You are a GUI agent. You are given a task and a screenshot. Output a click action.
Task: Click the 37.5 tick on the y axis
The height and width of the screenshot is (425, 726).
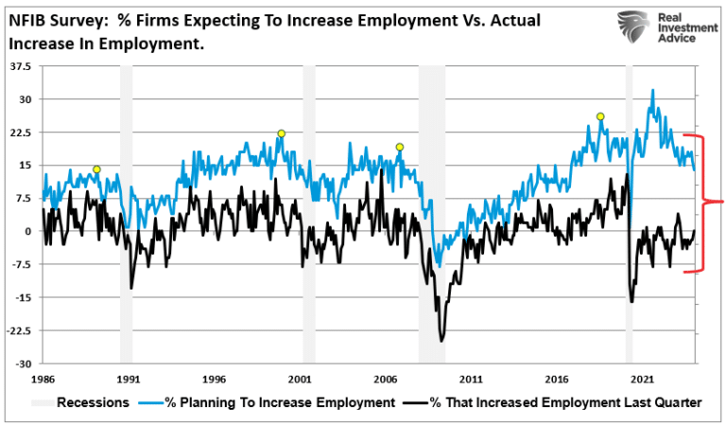coord(20,66)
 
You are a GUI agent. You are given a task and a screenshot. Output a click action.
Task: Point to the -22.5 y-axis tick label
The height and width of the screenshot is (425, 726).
coord(18,330)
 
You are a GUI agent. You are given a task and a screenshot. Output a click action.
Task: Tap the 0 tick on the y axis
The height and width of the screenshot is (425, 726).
coord(27,231)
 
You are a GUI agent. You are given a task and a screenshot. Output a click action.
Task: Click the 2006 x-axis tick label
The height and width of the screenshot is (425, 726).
coord(386,376)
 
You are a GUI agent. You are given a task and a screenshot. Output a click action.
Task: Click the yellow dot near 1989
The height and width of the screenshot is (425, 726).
coord(96,169)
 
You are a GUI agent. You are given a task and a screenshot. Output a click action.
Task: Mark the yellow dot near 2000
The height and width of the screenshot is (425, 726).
coord(281,133)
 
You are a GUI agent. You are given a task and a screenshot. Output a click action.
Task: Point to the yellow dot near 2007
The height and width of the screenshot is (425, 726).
coord(400,147)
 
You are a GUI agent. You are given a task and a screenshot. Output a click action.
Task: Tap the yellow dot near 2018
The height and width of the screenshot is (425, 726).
coord(600,116)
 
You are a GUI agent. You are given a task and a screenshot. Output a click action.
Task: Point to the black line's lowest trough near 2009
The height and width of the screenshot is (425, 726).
coord(441,340)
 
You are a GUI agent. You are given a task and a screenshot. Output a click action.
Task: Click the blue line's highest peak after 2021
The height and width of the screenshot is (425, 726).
coord(652,91)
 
